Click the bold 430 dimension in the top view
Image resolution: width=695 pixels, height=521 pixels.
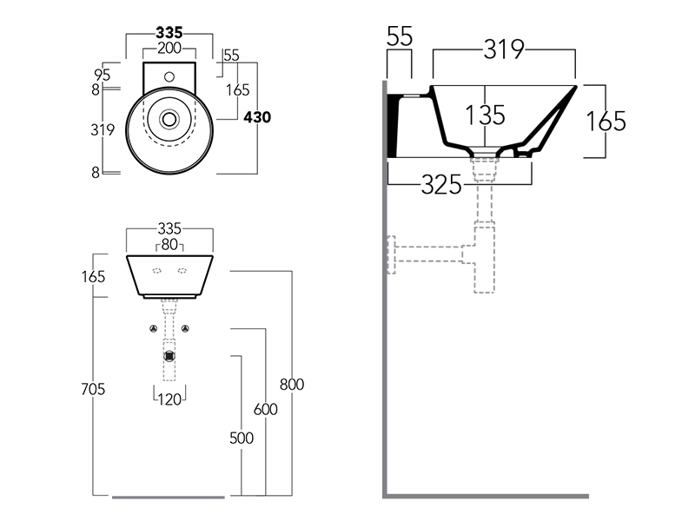pyautogui.click(x=258, y=117)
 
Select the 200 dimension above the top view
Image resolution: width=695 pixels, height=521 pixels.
pyautogui.click(x=169, y=48)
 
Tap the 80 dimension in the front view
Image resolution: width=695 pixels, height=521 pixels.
pyautogui.click(x=169, y=245)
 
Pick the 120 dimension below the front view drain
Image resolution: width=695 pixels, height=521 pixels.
pyautogui.click(x=169, y=399)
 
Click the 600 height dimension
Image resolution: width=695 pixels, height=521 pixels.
pyautogui.click(x=265, y=409)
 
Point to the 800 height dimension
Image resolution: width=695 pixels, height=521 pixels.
pyautogui.click(x=292, y=384)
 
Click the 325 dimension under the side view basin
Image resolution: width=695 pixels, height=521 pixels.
pyautogui.click(x=442, y=184)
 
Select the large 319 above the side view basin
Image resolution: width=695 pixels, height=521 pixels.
pyautogui.click(x=503, y=50)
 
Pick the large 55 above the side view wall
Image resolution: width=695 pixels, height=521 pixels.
pyautogui.click(x=399, y=36)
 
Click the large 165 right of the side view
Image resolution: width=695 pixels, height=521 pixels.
pyautogui.click(x=605, y=121)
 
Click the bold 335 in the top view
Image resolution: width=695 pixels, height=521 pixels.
pyautogui.click(x=169, y=32)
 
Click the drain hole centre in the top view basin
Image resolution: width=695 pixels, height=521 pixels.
pyautogui.click(x=169, y=118)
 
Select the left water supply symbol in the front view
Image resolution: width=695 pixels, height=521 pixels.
pyautogui.click(x=153, y=329)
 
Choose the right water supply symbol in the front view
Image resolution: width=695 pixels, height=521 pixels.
pyautogui.click(x=186, y=329)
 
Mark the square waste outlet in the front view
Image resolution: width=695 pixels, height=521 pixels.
pyautogui.click(x=169, y=354)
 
